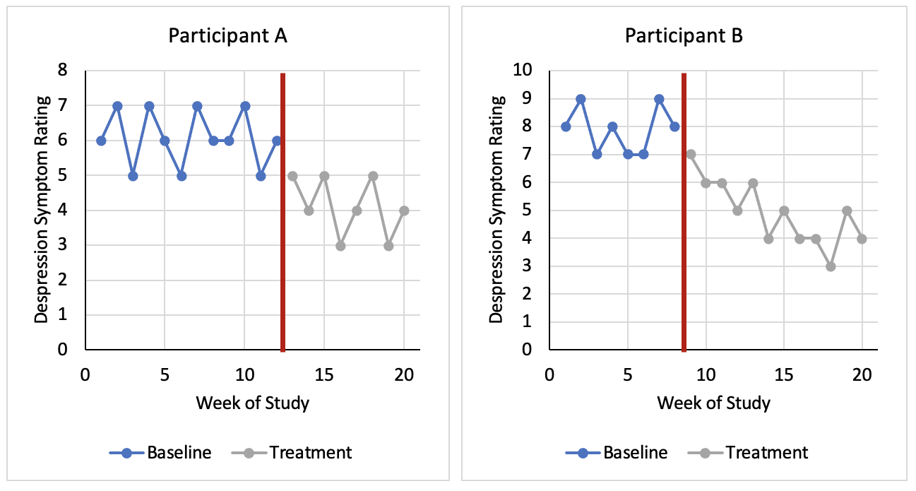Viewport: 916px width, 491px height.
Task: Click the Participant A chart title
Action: click(x=227, y=36)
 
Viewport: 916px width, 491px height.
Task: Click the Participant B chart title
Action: click(x=683, y=36)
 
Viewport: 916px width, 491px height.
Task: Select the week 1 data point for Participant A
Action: click(x=101, y=141)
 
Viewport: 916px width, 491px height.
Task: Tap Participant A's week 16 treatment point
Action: click(x=340, y=246)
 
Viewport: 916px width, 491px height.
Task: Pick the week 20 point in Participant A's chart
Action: click(x=404, y=211)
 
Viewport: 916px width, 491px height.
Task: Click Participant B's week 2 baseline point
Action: click(x=581, y=99)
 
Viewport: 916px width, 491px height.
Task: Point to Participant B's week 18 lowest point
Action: click(x=831, y=266)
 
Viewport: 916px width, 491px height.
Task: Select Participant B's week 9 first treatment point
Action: click(x=691, y=154)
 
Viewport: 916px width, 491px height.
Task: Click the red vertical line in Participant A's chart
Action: click(x=282, y=212)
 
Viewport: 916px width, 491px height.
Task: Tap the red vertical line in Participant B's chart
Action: click(x=684, y=212)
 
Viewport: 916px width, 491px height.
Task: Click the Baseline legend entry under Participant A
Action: click(x=160, y=452)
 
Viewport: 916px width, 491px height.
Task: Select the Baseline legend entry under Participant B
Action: click(x=617, y=452)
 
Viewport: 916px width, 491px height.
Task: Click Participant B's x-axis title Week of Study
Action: click(x=713, y=403)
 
